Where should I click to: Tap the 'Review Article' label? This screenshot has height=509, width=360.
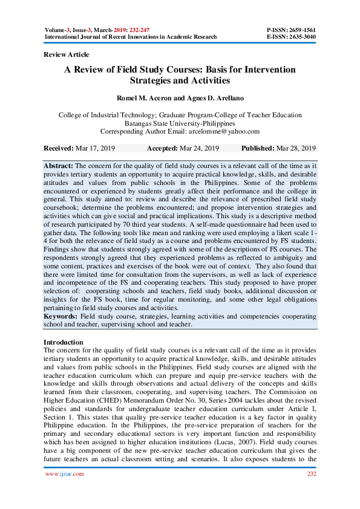tap(67, 54)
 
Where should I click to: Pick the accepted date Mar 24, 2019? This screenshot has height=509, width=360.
tap(198, 148)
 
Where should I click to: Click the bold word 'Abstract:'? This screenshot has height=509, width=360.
tap(59, 165)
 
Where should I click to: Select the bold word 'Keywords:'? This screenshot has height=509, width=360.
tap(61, 316)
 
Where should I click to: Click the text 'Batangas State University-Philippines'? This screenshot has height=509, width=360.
tap(180, 123)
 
